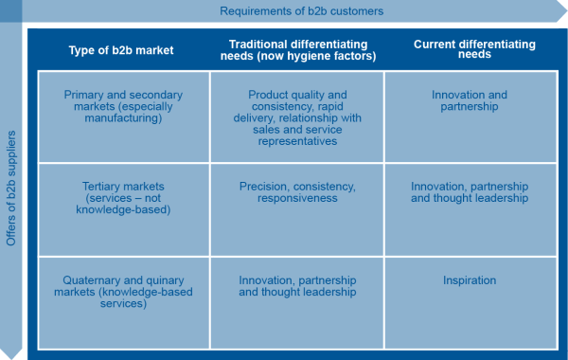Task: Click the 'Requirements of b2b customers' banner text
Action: pos(301,11)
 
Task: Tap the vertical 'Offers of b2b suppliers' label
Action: pos(10,189)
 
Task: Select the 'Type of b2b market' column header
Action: pos(121,50)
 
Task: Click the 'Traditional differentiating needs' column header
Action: pos(298,50)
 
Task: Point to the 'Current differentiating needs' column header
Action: pos(474,49)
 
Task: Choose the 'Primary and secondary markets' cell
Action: pos(123,117)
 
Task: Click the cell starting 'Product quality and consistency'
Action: pos(297,117)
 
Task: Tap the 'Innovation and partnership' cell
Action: pos(470,117)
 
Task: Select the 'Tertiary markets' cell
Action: pos(123,210)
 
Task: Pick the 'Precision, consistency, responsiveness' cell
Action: pos(297,210)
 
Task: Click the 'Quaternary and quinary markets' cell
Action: pos(123,303)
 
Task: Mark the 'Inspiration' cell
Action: pos(470,303)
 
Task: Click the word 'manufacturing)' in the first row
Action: pos(123,118)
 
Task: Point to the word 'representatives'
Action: pos(297,141)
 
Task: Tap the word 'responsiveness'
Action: pos(297,198)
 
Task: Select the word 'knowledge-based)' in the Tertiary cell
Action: pos(123,210)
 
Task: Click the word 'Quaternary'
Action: pos(91,280)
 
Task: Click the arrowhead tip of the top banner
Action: pos(567,10)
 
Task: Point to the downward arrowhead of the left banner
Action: pos(10,358)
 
